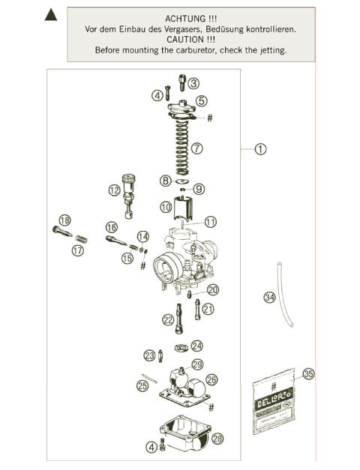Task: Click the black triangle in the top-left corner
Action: point(52,14)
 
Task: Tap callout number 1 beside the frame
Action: point(260,149)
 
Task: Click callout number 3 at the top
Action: point(193,83)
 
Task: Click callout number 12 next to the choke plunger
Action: point(114,190)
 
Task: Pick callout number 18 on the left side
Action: point(64,220)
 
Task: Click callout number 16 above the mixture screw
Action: point(111,227)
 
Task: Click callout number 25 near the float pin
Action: point(142,386)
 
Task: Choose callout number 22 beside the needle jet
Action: point(168,319)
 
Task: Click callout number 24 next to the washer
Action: point(197,346)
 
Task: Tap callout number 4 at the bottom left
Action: point(152,448)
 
